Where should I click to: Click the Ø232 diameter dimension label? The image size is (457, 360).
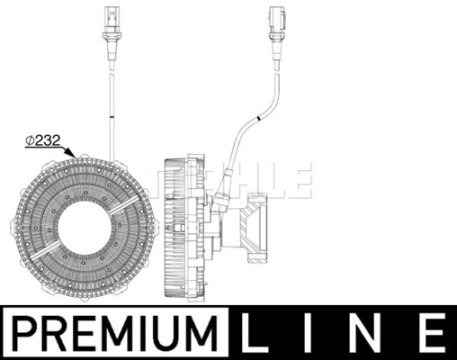tap(43, 140)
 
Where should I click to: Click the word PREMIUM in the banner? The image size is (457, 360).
tap(116, 333)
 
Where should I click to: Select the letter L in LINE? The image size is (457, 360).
tap(254, 333)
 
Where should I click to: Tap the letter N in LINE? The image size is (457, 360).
tap(368, 333)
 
